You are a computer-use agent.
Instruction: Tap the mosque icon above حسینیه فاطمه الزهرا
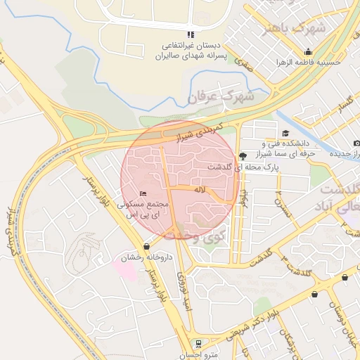pyautogui.click(x=308, y=51)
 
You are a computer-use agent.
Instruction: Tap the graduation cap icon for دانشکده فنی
pyautogui.click(x=285, y=134)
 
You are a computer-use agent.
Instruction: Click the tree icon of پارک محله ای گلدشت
pyautogui.click(x=243, y=155)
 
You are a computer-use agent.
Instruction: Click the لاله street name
pyautogui.click(x=200, y=190)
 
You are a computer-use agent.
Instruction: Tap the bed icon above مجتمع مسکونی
pyautogui.click(x=143, y=193)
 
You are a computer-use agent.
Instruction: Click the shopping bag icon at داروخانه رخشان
pyautogui.click(x=146, y=246)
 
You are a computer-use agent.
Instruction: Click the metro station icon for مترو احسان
pyautogui.click(x=199, y=344)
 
